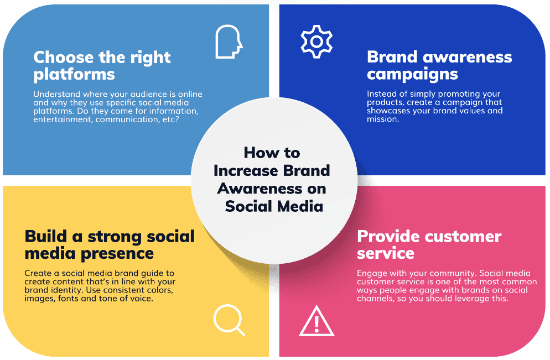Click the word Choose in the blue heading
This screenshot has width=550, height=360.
click(x=64, y=57)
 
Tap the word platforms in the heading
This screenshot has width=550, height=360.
click(x=74, y=75)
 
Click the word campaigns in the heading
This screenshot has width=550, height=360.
click(x=412, y=75)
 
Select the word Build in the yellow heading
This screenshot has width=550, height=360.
click(x=45, y=236)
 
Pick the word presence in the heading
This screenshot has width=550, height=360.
click(x=117, y=254)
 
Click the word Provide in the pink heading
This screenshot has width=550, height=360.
click(x=388, y=236)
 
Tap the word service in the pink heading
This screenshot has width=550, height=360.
click(x=386, y=253)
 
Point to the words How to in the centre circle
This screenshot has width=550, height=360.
click(x=272, y=153)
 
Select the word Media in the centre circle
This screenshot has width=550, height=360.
click(x=298, y=206)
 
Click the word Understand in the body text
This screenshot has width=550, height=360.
click(x=52, y=94)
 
